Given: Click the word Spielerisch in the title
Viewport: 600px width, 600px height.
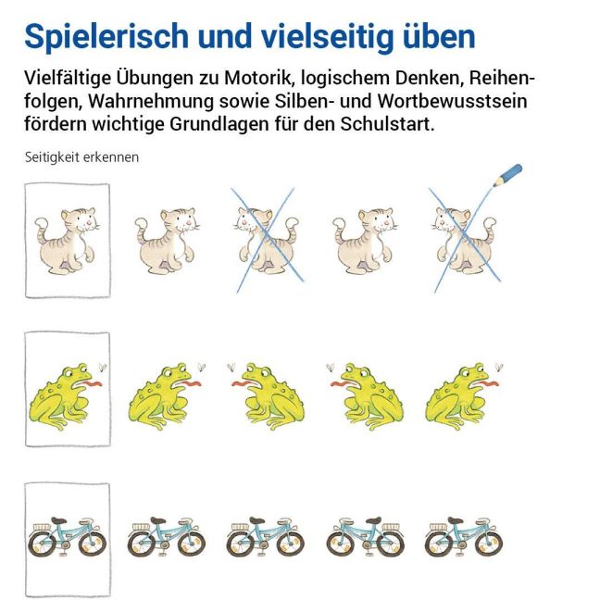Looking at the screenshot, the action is tap(106, 37).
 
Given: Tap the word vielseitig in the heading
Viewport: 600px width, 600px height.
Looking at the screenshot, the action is tap(327, 37).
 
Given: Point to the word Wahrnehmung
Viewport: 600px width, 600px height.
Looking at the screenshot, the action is tap(151, 101).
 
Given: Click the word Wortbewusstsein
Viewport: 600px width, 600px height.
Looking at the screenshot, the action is tap(452, 101).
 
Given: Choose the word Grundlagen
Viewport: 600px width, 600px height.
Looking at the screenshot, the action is tap(219, 124).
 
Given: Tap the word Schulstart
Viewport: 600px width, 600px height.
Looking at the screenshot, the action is tap(387, 124).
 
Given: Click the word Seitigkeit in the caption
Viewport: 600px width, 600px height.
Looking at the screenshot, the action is tap(52, 157).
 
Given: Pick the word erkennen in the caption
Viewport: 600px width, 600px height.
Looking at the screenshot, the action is tap(111, 157).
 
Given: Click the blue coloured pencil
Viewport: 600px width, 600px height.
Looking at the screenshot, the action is tap(507, 175).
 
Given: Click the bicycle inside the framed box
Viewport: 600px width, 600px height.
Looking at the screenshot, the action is tap(68, 536).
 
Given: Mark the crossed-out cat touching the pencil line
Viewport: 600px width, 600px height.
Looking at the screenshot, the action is tap(464, 241).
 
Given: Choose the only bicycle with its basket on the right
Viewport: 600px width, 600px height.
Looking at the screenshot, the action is tap(366, 536).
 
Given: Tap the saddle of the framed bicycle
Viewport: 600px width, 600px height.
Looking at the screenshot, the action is tap(59, 520).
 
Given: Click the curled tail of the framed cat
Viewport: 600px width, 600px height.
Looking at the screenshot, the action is tap(43, 228).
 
